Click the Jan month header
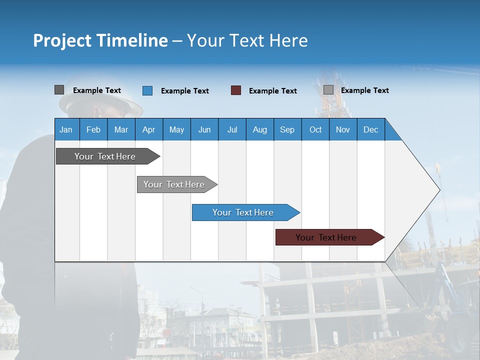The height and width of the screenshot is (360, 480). tap(66, 130)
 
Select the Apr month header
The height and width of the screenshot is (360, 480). tap(148, 130)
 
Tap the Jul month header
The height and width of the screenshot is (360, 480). tap(232, 130)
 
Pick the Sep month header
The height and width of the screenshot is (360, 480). tap(287, 130)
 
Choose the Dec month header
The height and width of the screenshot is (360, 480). tap(370, 130)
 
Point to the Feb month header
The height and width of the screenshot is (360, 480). tap(93, 130)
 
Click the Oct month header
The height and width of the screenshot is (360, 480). tap(315, 130)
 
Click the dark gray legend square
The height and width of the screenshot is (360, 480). tap(59, 90)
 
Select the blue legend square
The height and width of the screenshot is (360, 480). tap(147, 90)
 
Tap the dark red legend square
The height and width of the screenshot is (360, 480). tap(236, 90)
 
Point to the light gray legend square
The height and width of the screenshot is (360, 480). tap(328, 90)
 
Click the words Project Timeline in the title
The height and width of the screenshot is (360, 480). tap(100, 40)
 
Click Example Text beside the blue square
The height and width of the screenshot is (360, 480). tap(185, 91)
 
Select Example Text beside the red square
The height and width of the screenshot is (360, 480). tap(273, 91)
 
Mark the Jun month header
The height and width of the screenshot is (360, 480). tap(204, 130)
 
